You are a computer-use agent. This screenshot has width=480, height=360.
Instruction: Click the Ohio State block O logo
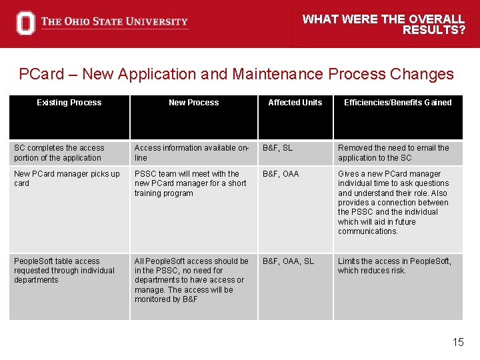(25, 23)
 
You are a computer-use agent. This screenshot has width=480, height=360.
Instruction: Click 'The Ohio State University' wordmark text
(114, 22)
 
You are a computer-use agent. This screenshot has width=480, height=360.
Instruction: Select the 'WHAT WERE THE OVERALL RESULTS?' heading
(383, 25)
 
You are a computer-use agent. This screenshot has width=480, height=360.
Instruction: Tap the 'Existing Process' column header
(69, 103)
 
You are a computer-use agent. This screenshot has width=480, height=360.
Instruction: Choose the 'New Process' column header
(193, 103)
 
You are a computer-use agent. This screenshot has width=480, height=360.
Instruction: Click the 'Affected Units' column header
(295, 103)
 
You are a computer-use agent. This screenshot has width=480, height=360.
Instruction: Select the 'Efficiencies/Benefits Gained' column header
(397, 103)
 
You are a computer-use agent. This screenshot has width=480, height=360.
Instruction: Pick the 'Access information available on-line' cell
(191, 153)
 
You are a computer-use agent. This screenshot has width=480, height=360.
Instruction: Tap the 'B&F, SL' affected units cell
(277, 148)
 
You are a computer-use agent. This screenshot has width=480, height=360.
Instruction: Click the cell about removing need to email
(393, 153)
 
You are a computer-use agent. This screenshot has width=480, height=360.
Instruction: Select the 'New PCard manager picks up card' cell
(67, 178)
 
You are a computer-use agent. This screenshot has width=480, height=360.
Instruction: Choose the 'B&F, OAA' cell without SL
(281, 174)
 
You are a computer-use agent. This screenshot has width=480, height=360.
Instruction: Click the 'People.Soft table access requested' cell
(64, 271)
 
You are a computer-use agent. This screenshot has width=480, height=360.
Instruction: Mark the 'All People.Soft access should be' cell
(191, 280)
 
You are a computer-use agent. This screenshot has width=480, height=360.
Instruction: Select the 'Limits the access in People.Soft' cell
(394, 266)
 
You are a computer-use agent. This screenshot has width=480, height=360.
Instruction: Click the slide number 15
(458, 342)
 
